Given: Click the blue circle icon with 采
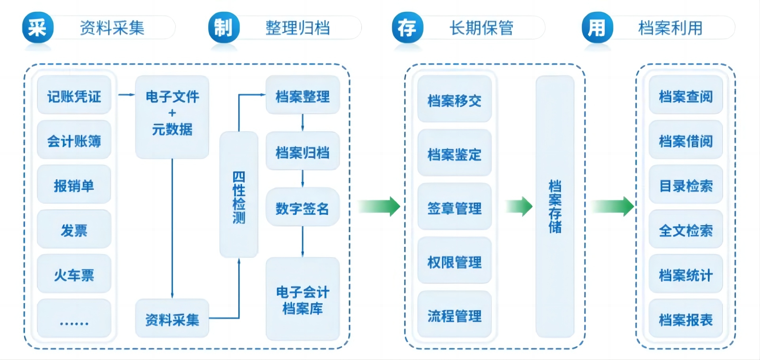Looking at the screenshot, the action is tap(38, 28).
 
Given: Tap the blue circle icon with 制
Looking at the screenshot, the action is tap(224, 28).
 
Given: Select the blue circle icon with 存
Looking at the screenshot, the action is tap(407, 28).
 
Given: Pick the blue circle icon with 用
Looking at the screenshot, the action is tap(597, 28).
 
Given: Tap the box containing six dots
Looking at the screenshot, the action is tap(74, 318).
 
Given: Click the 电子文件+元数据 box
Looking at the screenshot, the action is tap(172, 117).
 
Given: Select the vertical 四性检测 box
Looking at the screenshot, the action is tap(239, 195).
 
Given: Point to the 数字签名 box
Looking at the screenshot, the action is tap(303, 207).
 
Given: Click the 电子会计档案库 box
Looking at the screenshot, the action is tap(303, 299).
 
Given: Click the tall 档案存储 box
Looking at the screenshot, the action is tap(555, 207).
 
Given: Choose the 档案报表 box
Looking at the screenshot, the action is tap(686, 318).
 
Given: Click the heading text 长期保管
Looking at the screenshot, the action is tap(481, 28).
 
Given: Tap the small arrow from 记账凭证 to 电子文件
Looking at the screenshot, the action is tap(127, 95).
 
